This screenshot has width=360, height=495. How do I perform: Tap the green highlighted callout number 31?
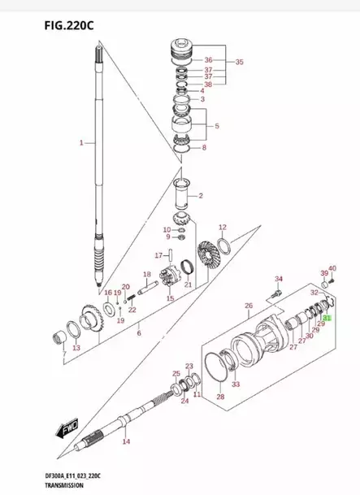pyautogui.click(x=327, y=319)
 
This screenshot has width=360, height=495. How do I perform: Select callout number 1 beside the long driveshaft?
pyautogui.click(x=81, y=142)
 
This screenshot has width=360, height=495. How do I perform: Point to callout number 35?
pyautogui.click(x=239, y=62)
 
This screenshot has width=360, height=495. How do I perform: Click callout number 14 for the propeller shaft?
pyautogui.click(x=125, y=441)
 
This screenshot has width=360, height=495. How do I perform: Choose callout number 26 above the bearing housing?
pyautogui.click(x=249, y=306)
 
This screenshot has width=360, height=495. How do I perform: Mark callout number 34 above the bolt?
pyautogui.click(x=277, y=279)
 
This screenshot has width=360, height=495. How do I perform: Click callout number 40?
pyautogui.click(x=332, y=269)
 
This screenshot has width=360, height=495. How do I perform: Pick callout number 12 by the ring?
pyautogui.click(x=222, y=228)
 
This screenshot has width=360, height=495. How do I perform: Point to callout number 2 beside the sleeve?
pyautogui.click(x=201, y=196)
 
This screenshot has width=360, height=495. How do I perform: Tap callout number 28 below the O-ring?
pyautogui.click(x=219, y=397)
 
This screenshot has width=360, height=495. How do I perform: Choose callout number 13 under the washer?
pyautogui.click(x=76, y=349)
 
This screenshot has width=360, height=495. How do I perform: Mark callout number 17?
pyautogui.click(x=160, y=255)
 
